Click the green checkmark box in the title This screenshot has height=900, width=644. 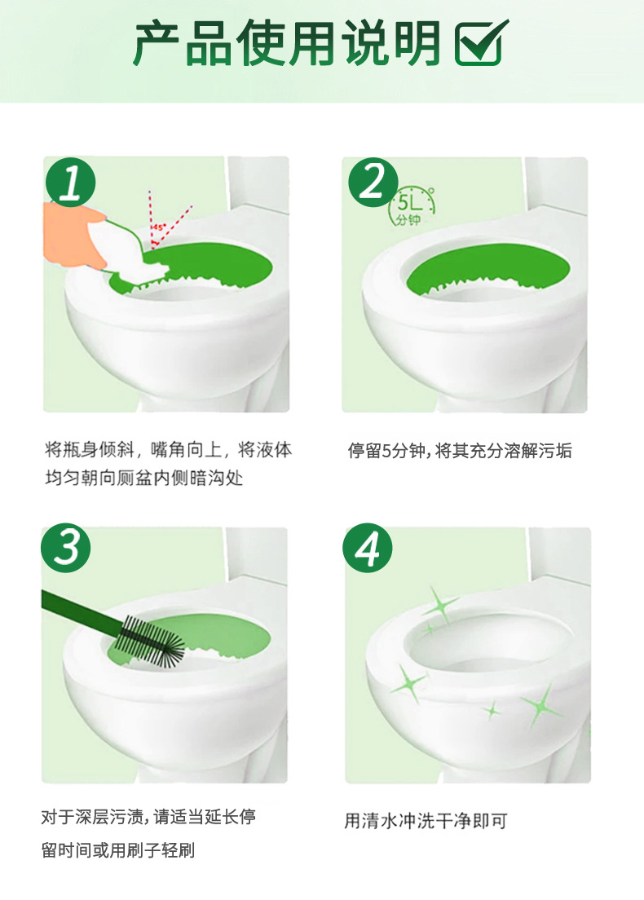click(481, 43)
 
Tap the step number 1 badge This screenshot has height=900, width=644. click(71, 183)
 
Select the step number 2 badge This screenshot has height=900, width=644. click(373, 183)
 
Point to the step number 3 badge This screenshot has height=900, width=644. click(66, 548)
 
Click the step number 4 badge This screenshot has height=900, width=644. click(368, 548)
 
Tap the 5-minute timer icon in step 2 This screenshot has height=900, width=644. click(413, 206)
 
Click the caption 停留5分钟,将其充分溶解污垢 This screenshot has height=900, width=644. click(460, 451)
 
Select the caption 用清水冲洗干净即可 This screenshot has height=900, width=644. click(426, 821)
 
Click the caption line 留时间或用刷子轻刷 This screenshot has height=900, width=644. click(118, 850)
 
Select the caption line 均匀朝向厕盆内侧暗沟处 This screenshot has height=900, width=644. click(144, 478)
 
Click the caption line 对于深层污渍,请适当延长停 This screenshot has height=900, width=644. click(148, 816)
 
